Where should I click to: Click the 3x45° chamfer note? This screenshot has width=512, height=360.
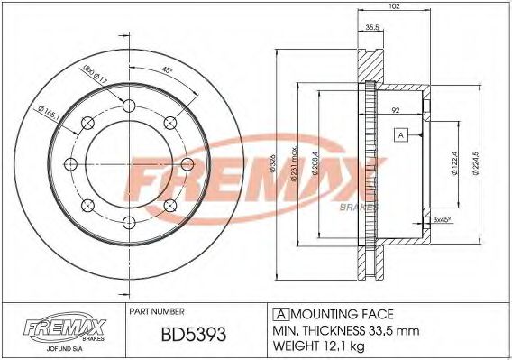pos(442,219)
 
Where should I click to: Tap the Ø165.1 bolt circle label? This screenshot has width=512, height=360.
pos(49,112)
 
